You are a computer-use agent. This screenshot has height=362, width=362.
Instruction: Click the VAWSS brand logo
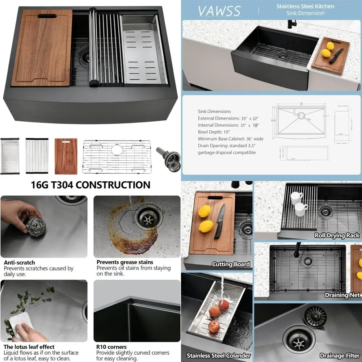(219, 11)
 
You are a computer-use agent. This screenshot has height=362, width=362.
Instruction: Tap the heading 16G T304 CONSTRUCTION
(90, 185)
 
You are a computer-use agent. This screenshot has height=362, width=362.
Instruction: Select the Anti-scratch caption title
(20, 262)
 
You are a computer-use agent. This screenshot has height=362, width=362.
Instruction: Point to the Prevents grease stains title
(125, 262)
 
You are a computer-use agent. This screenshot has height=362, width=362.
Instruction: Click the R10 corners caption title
(111, 347)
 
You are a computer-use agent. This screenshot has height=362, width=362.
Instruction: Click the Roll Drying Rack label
(337, 235)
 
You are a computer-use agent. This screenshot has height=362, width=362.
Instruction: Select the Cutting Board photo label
(231, 264)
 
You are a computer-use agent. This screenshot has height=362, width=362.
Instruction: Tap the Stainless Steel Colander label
(218, 355)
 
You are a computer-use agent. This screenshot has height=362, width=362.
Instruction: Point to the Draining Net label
(342, 295)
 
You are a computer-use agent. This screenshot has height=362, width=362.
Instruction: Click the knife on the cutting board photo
(220, 221)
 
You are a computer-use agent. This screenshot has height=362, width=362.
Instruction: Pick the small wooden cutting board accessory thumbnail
(66, 156)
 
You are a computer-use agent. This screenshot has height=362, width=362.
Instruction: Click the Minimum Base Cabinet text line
(231, 139)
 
